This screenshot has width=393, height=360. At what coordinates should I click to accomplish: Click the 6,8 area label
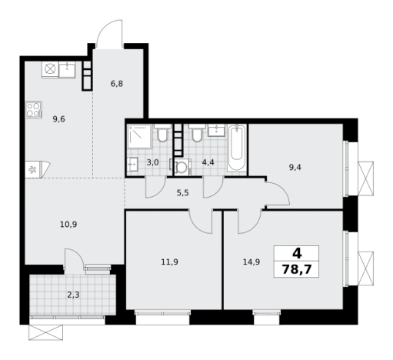[117, 84]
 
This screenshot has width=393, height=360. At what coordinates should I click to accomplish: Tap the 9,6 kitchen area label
[58, 119]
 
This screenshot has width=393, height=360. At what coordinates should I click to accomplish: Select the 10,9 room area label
[68, 225]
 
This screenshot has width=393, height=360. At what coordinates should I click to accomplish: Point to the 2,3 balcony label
[73, 295]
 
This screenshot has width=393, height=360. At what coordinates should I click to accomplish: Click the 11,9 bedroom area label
[170, 262]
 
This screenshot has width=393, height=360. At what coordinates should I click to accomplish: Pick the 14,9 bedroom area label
[251, 262]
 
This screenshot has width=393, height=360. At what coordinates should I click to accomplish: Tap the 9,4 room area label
[295, 168]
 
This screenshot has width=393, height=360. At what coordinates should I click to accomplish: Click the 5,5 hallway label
[183, 193]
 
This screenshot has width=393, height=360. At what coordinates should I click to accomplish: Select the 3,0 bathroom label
[153, 162]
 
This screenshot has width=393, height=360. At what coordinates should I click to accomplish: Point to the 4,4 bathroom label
[208, 162]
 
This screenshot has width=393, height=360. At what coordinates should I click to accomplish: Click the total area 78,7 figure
[297, 269]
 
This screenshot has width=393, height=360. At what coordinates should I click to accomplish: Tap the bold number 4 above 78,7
[297, 254]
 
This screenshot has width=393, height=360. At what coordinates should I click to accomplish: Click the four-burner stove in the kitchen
[34, 110]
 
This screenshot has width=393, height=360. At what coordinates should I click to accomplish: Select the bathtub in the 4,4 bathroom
[236, 148]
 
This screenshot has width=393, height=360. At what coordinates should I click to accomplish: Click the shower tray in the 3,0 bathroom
[139, 136]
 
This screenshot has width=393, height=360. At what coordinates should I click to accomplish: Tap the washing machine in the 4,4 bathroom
[182, 167]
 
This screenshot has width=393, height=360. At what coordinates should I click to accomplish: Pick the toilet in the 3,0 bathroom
[162, 133]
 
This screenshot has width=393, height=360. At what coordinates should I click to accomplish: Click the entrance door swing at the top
[109, 33]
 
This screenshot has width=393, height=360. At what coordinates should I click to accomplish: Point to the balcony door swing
[74, 258]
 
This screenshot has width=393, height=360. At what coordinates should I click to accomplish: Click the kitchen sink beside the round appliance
[67, 69]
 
